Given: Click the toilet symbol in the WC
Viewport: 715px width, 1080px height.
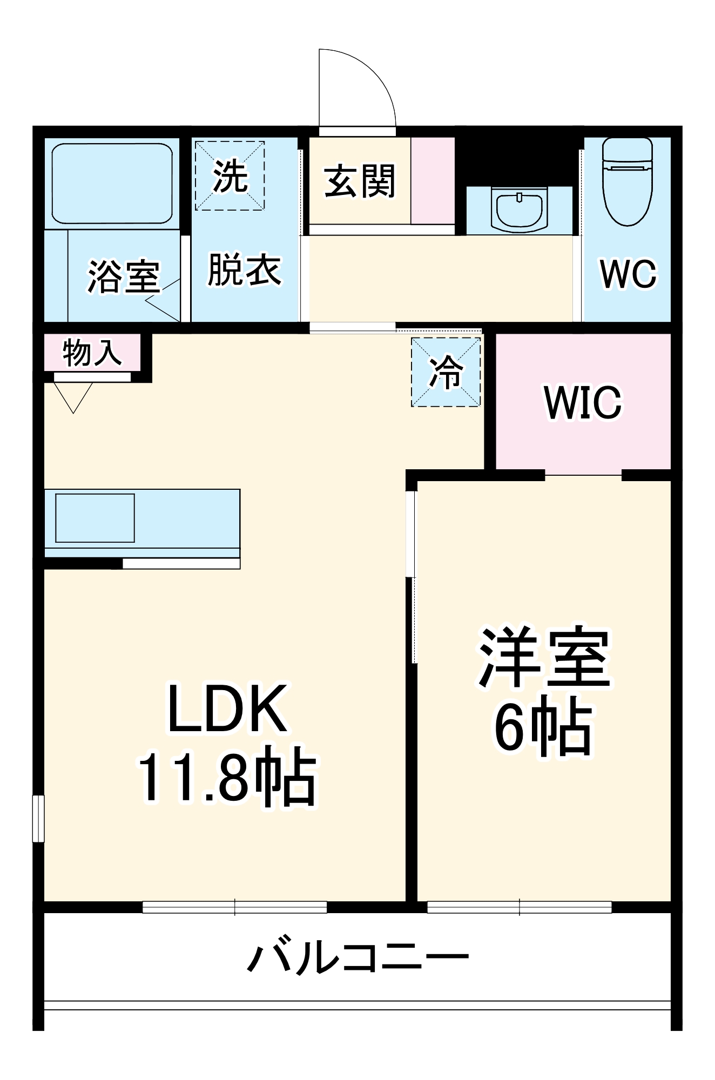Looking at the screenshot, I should click(627, 183).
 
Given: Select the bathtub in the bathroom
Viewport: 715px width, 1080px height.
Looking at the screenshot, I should click(112, 184).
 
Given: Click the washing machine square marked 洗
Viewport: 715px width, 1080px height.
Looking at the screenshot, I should click(230, 175).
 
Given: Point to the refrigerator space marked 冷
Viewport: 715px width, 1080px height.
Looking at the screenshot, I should click(446, 372).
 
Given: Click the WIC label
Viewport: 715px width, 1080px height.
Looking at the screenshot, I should click(583, 402).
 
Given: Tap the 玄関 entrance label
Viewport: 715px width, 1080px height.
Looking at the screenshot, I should click(360, 181).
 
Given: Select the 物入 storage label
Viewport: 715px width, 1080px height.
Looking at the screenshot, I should click(92, 353).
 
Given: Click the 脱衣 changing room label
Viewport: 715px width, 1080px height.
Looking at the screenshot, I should click(245, 269).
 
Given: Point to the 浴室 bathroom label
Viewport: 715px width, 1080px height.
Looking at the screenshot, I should click(124, 276).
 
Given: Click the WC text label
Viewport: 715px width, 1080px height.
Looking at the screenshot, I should click(628, 274).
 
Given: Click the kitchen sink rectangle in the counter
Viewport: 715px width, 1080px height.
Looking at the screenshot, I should click(95, 518).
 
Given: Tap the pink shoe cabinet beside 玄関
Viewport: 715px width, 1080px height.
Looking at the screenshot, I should click(433, 180).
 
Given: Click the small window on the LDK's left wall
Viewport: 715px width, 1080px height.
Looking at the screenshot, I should click(38, 819).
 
